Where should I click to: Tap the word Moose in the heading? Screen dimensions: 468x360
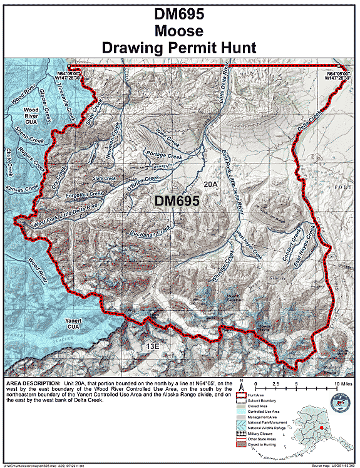(x=180, y=31)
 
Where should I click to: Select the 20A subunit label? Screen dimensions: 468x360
(x=210, y=185)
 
